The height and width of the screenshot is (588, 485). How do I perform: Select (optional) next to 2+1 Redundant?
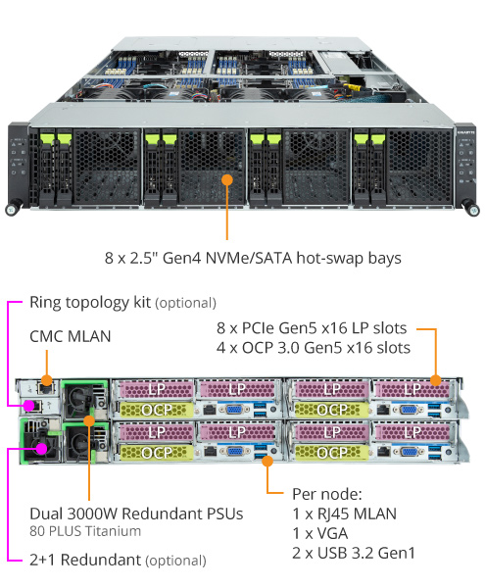[175, 562]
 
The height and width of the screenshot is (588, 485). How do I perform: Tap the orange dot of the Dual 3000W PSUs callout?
[90, 420]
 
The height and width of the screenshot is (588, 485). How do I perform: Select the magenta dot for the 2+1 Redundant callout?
[42, 449]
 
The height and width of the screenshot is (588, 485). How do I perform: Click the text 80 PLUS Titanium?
[84, 531]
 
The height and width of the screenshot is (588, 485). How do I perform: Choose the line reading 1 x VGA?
[323, 533]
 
